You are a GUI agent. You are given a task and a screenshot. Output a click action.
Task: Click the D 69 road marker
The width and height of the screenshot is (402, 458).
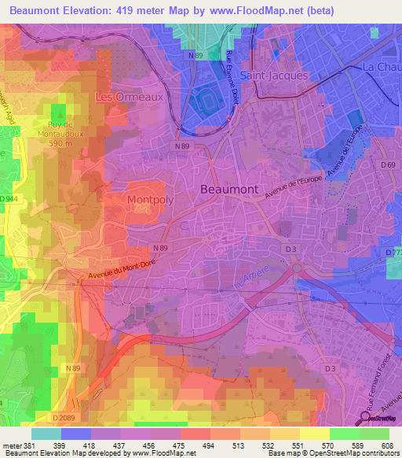point(388,164)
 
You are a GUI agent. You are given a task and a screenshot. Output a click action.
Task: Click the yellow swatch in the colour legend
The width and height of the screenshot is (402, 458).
point(314,434)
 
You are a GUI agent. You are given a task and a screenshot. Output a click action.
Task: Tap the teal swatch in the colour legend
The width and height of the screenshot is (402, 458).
point(46,434)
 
